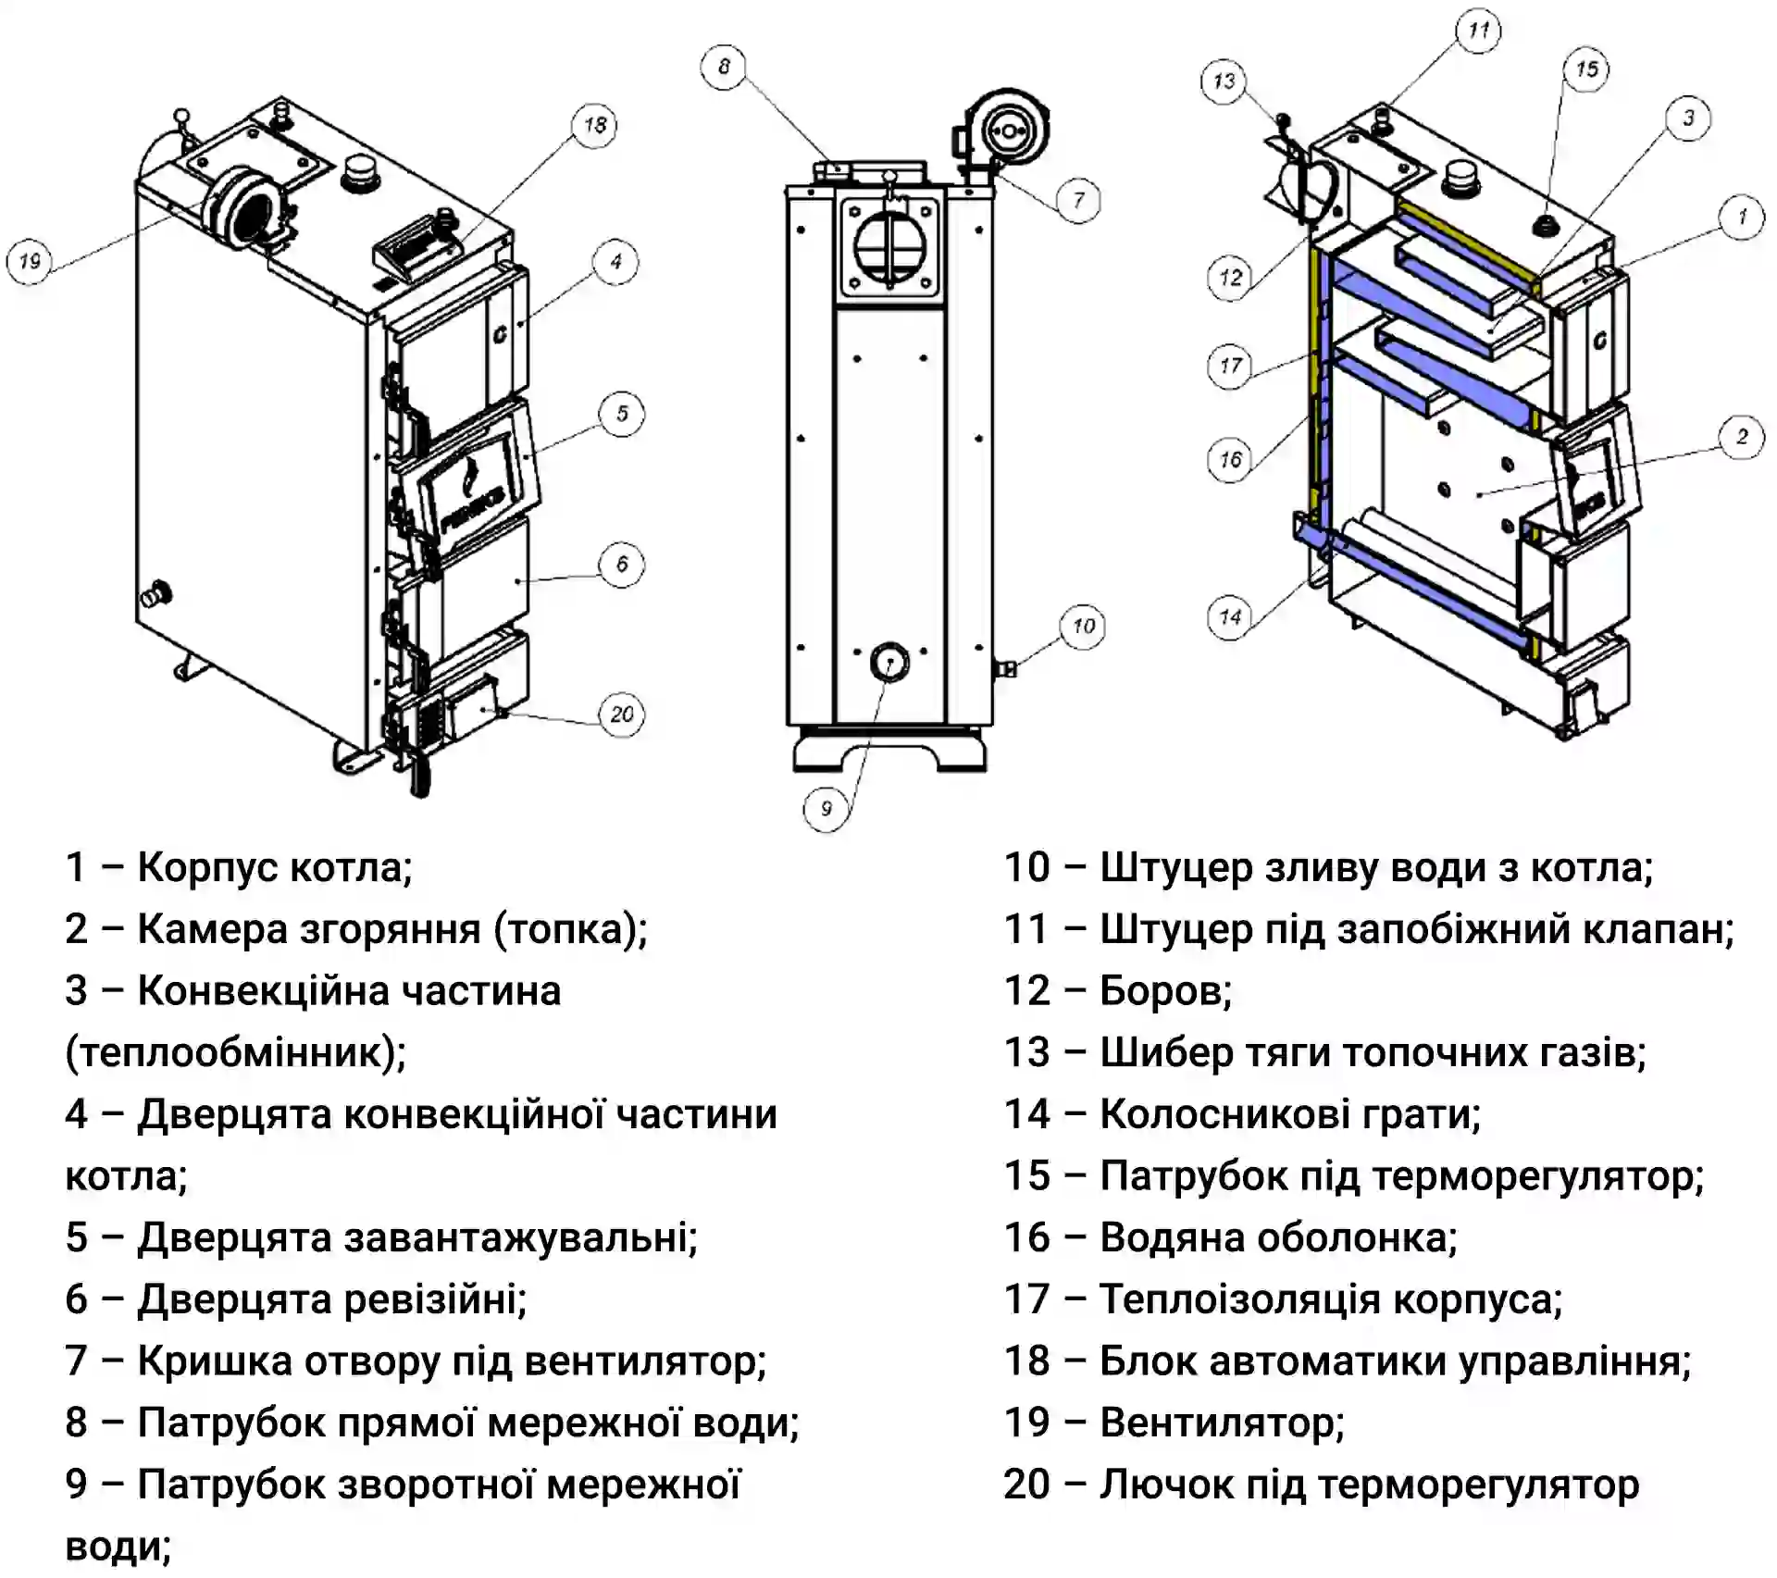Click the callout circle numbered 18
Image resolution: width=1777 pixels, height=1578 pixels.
[595, 126]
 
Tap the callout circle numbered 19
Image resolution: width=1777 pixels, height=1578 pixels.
[30, 262]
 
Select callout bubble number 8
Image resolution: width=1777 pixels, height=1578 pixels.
[724, 67]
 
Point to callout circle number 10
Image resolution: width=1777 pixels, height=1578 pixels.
[1083, 627]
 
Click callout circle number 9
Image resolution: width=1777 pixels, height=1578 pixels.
[826, 809]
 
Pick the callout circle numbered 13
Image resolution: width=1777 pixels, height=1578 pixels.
[1224, 81]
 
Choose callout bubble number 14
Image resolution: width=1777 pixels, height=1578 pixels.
[1230, 617]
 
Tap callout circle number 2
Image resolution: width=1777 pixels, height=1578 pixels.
[1742, 437]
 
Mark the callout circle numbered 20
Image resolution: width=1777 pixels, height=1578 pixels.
[621, 714]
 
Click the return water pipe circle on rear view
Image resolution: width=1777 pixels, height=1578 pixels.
[888, 663]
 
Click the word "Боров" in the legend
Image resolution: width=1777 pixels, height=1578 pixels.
[1165, 991]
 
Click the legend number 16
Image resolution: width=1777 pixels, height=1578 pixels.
[1027, 1237]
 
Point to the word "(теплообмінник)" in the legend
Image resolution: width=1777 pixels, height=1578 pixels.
[236, 1053]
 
